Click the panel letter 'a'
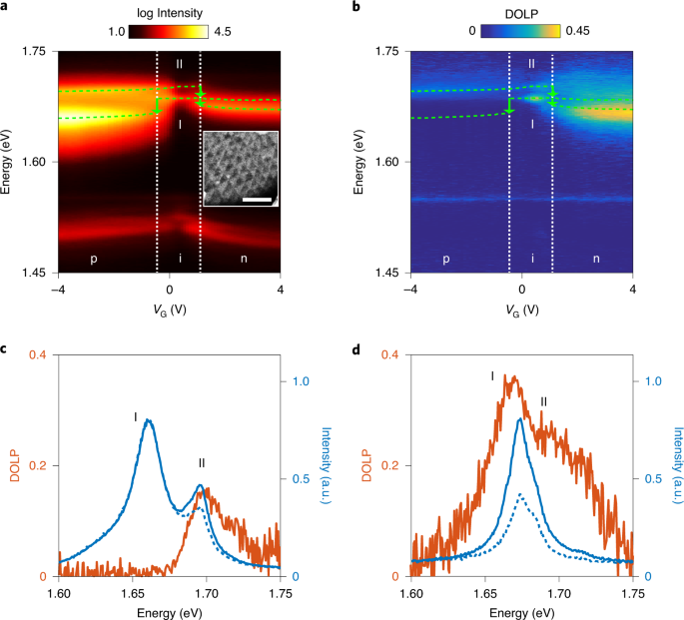coord(3,6)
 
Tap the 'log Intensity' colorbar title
coord(170,14)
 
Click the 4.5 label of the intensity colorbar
coord(223,32)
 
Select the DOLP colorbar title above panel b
coord(521,14)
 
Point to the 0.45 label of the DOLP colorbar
coord(577,31)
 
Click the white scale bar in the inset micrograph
coord(257,200)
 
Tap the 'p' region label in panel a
coord(93,259)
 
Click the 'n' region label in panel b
coord(596,259)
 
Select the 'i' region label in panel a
coord(180,259)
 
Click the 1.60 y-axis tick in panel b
coord(386,162)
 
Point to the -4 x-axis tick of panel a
coord(58,290)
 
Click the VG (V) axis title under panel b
coord(522,310)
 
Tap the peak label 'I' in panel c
coord(136,417)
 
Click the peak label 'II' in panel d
coord(543,401)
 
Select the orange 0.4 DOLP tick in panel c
coord(38,354)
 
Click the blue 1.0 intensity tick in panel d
coord(653,381)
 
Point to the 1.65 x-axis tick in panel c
coord(132,593)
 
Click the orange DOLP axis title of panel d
coord(366,465)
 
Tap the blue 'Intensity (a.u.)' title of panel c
coord(326,465)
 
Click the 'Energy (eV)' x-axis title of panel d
coord(521,613)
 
